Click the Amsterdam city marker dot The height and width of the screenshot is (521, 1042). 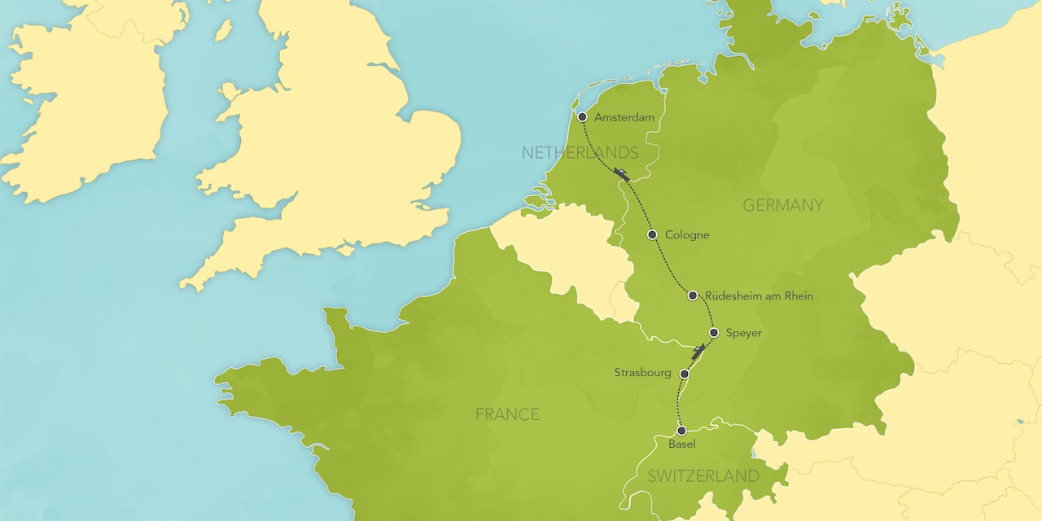[x=582, y=117]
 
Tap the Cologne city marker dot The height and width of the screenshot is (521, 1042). [x=652, y=234]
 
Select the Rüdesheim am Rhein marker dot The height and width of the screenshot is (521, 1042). [x=692, y=296]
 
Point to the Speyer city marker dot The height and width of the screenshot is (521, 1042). [x=714, y=332]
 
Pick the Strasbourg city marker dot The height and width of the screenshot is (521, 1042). [x=685, y=374]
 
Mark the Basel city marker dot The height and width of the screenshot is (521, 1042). [x=681, y=430]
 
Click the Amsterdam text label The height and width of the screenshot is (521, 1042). [x=624, y=118]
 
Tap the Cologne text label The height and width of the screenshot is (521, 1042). [x=687, y=235]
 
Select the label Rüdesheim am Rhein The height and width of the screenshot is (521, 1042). [x=759, y=296]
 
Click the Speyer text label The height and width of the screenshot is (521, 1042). [x=743, y=333]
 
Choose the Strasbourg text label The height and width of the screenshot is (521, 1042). [x=643, y=373]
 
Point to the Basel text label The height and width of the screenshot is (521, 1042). [x=681, y=444]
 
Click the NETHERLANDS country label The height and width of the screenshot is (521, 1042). [x=580, y=153]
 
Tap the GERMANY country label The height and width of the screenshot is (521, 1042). [x=783, y=205]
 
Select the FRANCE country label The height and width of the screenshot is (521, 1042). [x=507, y=414]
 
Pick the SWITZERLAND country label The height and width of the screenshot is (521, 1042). [x=703, y=476]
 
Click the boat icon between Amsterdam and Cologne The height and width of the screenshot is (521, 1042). [x=623, y=174]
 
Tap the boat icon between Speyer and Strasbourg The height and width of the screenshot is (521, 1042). [x=698, y=352]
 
